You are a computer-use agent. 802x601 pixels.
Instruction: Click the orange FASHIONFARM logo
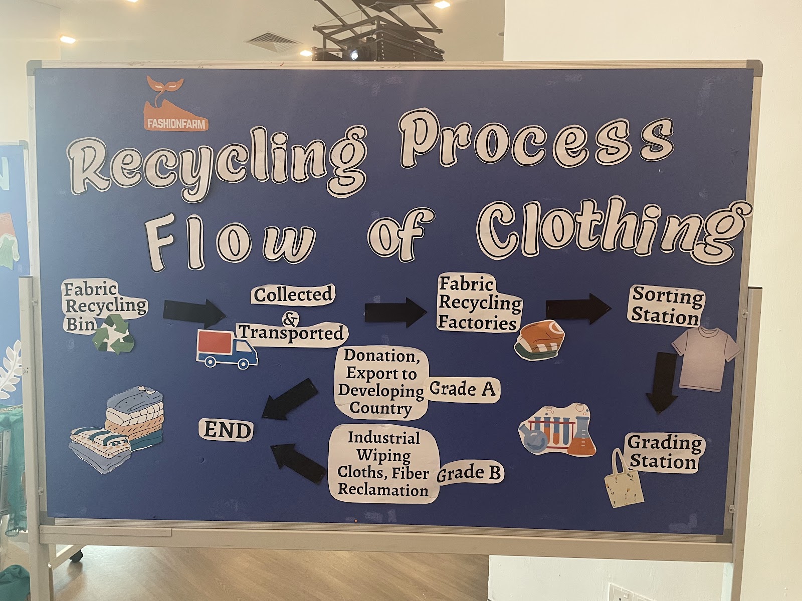coord(176,105)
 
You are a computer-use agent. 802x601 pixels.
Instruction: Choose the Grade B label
coord(470,473)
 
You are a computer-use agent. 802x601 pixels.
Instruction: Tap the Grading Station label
coord(664,452)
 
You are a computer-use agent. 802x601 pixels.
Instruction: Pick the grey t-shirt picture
coord(705,356)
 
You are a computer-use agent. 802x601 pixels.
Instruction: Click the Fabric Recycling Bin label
coord(104,306)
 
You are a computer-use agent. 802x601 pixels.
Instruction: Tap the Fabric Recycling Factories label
coord(479,304)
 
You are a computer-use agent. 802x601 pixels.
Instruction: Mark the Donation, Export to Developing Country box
coord(380,382)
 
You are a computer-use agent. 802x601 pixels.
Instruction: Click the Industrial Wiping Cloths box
coord(384,464)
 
